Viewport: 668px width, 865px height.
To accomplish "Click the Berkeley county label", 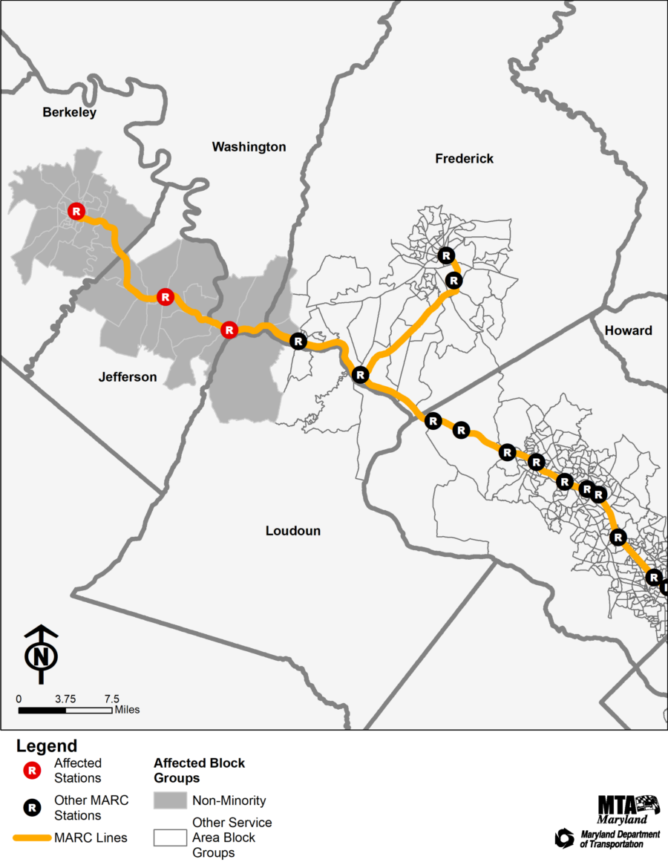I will point(70,113).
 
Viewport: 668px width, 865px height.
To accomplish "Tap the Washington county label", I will point(249,147).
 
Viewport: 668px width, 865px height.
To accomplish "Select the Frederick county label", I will point(464,159).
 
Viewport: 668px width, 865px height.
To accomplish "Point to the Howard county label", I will point(628,330).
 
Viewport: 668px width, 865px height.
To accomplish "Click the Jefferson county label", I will point(128,377).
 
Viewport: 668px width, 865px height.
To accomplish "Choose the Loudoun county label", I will point(293,531).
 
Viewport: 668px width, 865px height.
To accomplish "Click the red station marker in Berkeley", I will point(76,212).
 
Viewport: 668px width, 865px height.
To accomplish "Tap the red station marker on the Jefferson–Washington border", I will point(229,330).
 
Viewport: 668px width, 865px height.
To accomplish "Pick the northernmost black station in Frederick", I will point(445,255).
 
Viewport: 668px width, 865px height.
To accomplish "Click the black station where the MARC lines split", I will point(360,374).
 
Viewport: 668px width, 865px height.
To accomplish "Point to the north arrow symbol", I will point(42,654).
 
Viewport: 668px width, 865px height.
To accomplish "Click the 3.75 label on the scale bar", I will point(65,699).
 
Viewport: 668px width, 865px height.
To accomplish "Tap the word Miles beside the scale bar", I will point(127,710).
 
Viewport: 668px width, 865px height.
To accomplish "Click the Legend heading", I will point(47,746).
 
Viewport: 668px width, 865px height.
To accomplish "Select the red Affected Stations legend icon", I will point(33,771).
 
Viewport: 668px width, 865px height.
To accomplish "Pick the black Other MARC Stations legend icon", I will point(33,808).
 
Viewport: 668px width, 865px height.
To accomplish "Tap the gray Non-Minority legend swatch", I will point(169,800).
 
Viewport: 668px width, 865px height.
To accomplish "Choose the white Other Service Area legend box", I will point(169,838).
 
